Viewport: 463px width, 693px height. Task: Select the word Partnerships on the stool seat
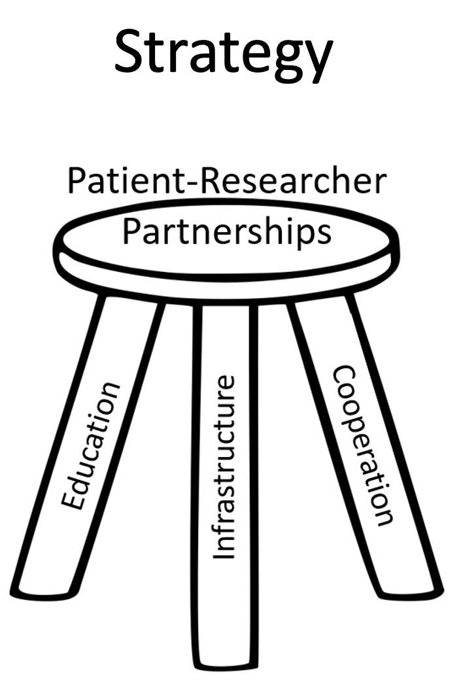(x=226, y=232)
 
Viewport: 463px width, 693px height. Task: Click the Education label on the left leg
(x=91, y=445)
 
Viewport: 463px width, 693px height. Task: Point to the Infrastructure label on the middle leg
(x=224, y=467)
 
